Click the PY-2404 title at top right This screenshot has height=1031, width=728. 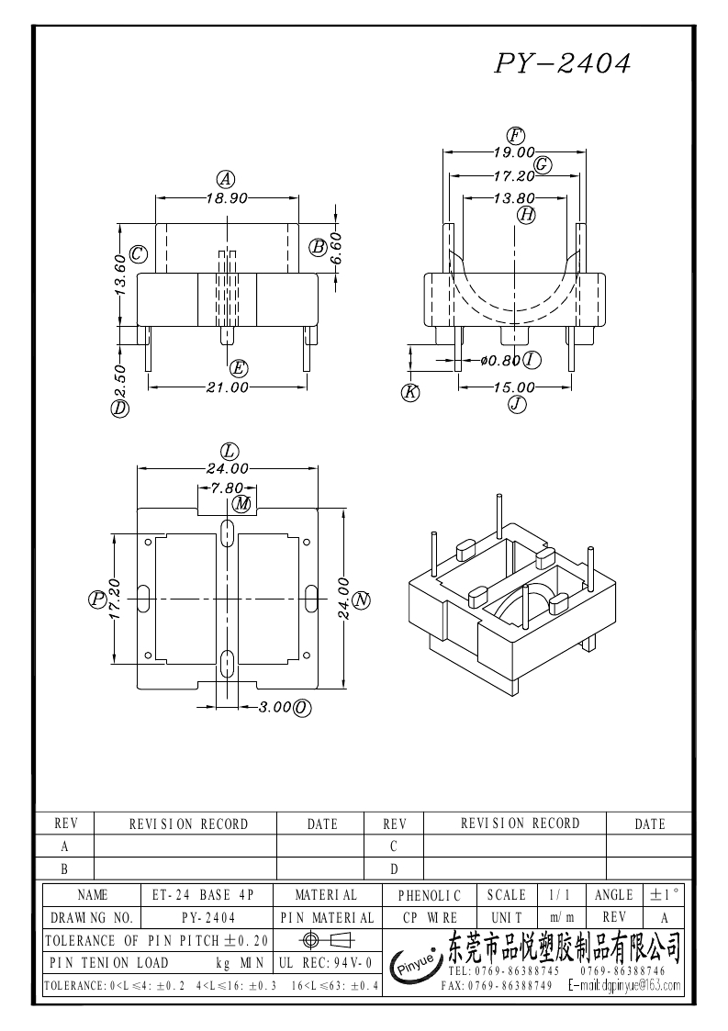pyautogui.click(x=563, y=63)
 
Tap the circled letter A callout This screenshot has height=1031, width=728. pyautogui.click(x=224, y=179)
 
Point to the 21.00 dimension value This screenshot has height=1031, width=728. pyautogui.click(x=227, y=387)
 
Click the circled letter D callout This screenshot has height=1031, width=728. pyautogui.click(x=119, y=409)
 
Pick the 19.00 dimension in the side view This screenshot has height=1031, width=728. pyautogui.click(x=514, y=152)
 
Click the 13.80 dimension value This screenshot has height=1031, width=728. pyautogui.click(x=514, y=197)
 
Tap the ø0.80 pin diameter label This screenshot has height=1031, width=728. pyautogui.click(x=500, y=361)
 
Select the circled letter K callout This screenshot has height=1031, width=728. pyautogui.click(x=410, y=392)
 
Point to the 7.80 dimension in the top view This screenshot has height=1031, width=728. pyautogui.click(x=227, y=488)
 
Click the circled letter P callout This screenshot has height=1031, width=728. pyautogui.click(x=97, y=599)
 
